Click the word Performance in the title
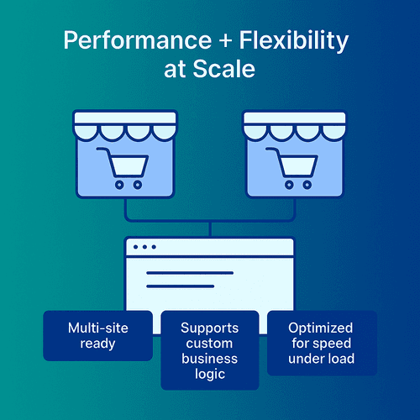[x=138, y=40]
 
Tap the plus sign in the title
[x=225, y=40]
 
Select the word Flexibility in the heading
[x=294, y=41]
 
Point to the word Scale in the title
[x=223, y=69]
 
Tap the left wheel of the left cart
[x=119, y=185]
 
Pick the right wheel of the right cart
[x=307, y=185]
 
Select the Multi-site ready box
[x=97, y=336]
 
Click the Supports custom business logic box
[x=210, y=350]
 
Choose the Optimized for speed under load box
[x=322, y=343]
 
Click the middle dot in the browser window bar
[x=144, y=247]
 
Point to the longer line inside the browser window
[x=190, y=273]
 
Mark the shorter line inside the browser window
[x=181, y=286]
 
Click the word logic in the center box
[x=210, y=375]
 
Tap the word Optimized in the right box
[x=321, y=328]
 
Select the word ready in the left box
[x=97, y=344]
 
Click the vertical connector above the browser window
[x=210, y=229]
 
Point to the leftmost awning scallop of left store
[x=86, y=132]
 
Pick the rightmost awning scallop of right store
[x=334, y=132]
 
